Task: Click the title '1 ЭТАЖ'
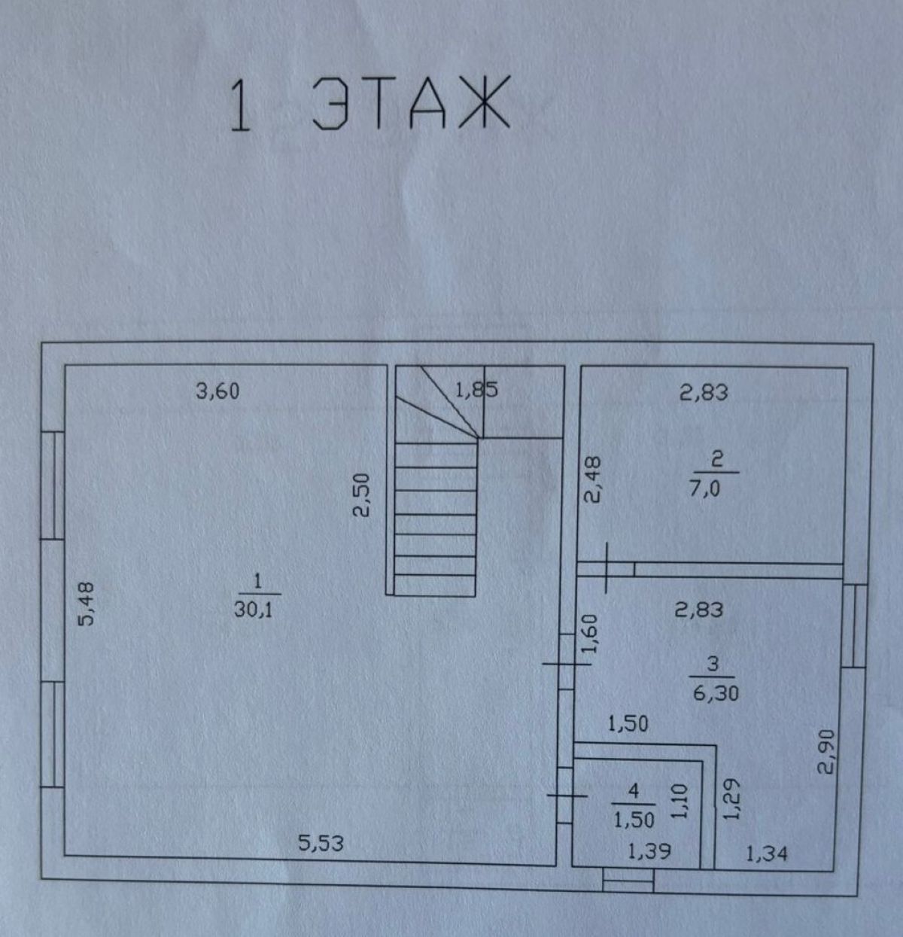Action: click(x=369, y=103)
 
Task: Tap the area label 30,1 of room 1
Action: click(x=254, y=610)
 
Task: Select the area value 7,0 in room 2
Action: click(x=705, y=490)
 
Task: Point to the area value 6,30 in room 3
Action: click(x=716, y=693)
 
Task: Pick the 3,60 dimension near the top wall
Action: click(x=217, y=391)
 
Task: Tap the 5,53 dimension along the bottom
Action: click(x=321, y=843)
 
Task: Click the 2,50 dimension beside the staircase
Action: click(x=361, y=494)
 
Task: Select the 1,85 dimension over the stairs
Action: click(x=476, y=390)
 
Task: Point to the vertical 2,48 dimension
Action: click(x=592, y=479)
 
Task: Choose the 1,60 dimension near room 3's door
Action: click(x=589, y=633)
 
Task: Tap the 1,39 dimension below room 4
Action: click(x=649, y=851)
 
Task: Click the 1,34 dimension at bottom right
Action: click(x=766, y=854)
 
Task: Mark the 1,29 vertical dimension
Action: click(x=731, y=799)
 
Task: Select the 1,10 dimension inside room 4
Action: click(x=680, y=802)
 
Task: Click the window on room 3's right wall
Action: click(x=855, y=625)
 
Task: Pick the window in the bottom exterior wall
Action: click(x=628, y=881)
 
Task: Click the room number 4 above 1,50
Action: click(x=634, y=791)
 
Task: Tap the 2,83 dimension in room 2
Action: click(x=704, y=393)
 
